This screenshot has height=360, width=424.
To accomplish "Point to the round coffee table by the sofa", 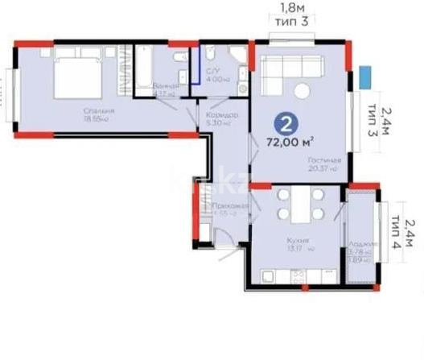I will coord(303,90).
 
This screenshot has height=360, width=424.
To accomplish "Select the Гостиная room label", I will coord(324,160).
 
